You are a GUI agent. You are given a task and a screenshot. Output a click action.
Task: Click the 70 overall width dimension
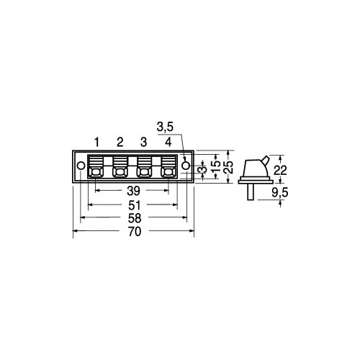[x=135, y=232]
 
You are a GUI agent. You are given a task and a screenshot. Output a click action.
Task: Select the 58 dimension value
[x=135, y=218]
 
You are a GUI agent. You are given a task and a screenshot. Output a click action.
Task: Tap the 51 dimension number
[x=135, y=205]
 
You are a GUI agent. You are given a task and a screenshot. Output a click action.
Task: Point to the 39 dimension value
[x=133, y=191]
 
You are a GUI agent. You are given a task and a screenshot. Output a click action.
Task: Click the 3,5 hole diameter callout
[x=165, y=127]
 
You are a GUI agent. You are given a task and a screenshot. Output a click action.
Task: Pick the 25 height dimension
[x=229, y=167]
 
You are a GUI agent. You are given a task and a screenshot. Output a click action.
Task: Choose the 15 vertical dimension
[x=216, y=166]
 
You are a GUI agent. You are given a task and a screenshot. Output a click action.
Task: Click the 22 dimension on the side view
[x=280, y=171]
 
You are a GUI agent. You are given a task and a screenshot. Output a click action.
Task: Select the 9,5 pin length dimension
[x=280, y=192]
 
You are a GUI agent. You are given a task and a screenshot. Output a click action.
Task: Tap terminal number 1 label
[x=96, y=142]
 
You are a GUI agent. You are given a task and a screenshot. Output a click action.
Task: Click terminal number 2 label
[x=120, y=142]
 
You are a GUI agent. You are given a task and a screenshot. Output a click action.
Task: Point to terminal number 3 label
[x=143, y=142]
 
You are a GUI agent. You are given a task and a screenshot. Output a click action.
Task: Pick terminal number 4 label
[x=168, y=142]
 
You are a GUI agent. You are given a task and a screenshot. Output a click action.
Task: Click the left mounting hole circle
[x=81, y=166]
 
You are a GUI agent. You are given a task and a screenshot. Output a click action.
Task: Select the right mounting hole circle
[x=186, y=166]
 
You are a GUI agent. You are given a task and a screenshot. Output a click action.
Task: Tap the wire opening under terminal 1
[x=96, y=172]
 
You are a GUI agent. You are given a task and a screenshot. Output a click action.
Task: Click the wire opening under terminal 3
[x=144, y=172]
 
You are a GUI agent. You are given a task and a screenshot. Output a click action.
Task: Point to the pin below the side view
[x=251, y=192]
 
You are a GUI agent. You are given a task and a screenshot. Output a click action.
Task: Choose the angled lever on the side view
[x=266, y=161]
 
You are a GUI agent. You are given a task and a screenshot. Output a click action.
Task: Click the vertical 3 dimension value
[x=204, y=170]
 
